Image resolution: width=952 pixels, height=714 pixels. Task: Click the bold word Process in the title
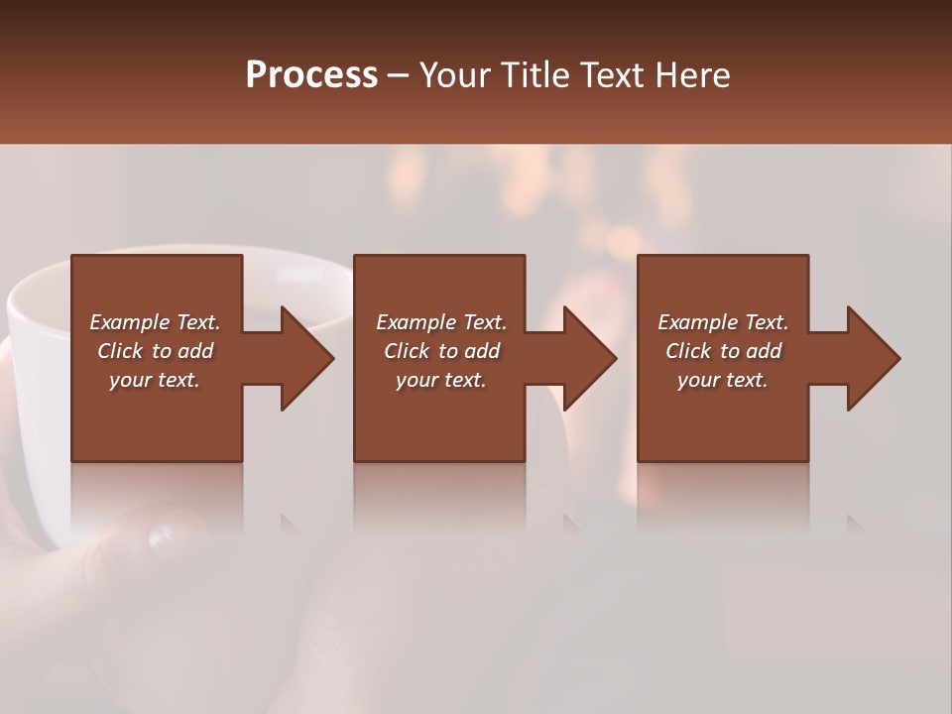311,75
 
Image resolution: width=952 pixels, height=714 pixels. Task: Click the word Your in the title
455,75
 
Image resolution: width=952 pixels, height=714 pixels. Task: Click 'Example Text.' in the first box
155,322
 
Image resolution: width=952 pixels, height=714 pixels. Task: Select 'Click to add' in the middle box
441,351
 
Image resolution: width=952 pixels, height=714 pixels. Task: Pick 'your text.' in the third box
722,380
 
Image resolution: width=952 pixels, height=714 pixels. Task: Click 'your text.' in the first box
155,380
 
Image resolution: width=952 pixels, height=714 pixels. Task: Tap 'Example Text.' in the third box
723,322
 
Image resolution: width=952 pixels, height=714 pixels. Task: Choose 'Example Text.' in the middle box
441,322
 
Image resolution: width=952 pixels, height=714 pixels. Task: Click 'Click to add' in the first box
155,351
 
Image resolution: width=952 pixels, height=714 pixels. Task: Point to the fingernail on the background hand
160,536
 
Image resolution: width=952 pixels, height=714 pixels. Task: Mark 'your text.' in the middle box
440,380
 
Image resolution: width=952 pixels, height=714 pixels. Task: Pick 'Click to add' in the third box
723,351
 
